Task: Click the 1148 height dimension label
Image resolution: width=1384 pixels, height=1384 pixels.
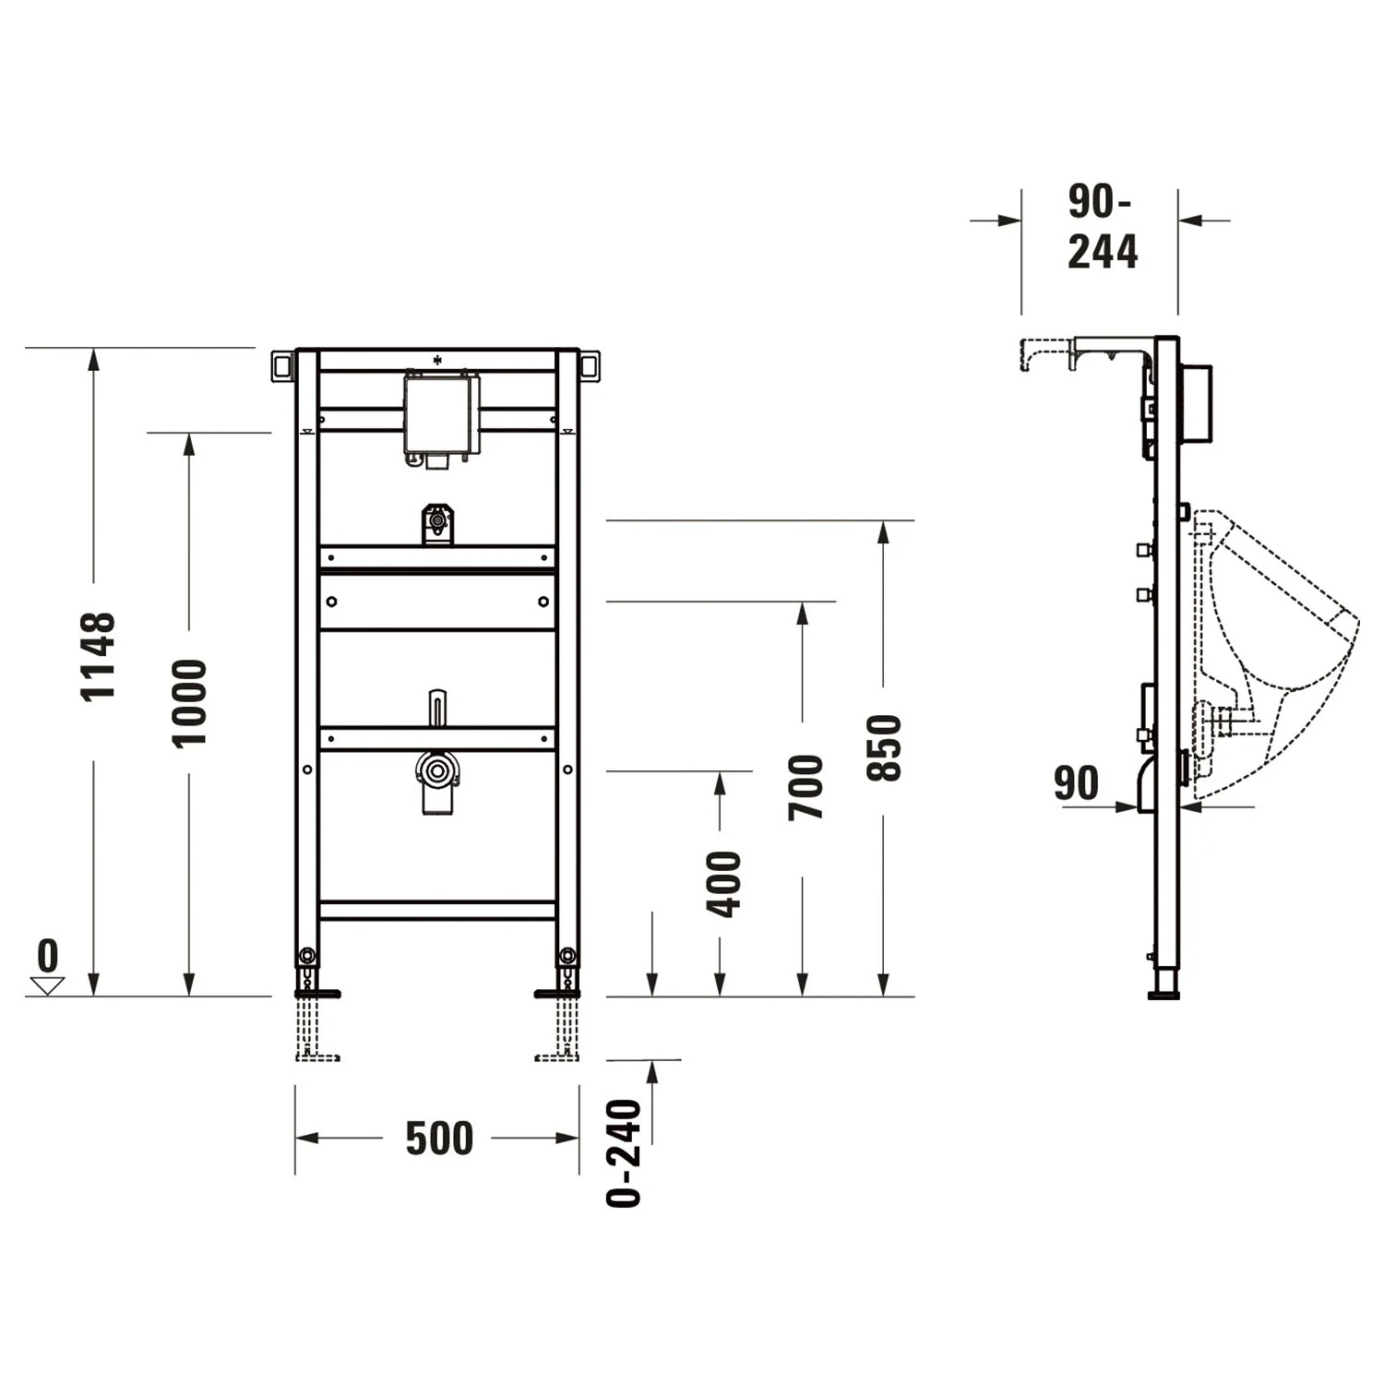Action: point(98,656)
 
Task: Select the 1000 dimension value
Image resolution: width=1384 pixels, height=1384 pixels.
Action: point(190,703)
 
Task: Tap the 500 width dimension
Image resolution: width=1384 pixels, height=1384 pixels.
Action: point(439,1138)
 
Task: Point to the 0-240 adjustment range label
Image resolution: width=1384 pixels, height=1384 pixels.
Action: point(625,1152)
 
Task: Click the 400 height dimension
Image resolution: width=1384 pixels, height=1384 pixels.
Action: point(723,884)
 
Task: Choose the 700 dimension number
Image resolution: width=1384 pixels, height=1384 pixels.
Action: point(805,787)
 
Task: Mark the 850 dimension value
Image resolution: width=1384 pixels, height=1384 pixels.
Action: point(884,747)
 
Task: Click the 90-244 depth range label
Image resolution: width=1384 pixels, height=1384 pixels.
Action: point(1102,227)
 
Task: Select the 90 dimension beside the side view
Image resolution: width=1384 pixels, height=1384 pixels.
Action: point(1076,783)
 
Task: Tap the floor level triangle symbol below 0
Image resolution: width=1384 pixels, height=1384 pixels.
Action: point(47,985)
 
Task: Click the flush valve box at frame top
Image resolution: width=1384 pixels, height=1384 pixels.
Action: point(440,415)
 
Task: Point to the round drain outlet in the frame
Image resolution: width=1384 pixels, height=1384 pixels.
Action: point(437,770)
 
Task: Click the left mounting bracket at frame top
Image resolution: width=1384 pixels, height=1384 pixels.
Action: point(282,366)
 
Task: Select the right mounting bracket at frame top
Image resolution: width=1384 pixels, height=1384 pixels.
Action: point(590,366)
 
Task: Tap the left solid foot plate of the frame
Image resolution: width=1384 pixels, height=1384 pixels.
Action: point(316,994)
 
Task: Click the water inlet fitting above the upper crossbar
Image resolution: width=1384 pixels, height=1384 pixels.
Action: point(438,523)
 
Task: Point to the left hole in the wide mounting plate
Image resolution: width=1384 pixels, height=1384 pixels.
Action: point(332,602)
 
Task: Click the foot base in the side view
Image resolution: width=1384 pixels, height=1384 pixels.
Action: point(1165,994)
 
